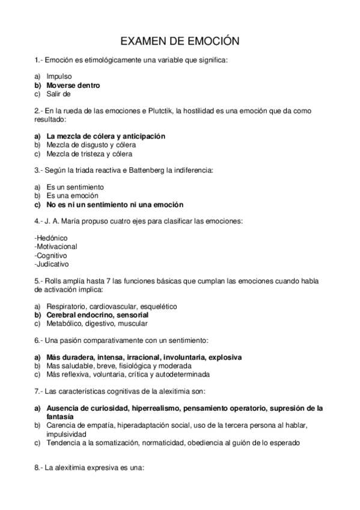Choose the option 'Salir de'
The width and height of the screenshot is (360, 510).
(x=59, y=94)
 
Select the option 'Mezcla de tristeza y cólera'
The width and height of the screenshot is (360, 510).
(x=90, y=153)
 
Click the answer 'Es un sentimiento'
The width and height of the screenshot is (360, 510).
(x=75, y=187)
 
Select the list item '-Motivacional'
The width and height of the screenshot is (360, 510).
(x=56, y=247)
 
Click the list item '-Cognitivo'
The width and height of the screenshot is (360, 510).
(x=51, y=255)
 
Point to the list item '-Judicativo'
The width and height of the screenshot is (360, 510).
(x=52, y=263)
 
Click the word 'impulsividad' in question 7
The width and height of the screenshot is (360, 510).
(x=67, y=434)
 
